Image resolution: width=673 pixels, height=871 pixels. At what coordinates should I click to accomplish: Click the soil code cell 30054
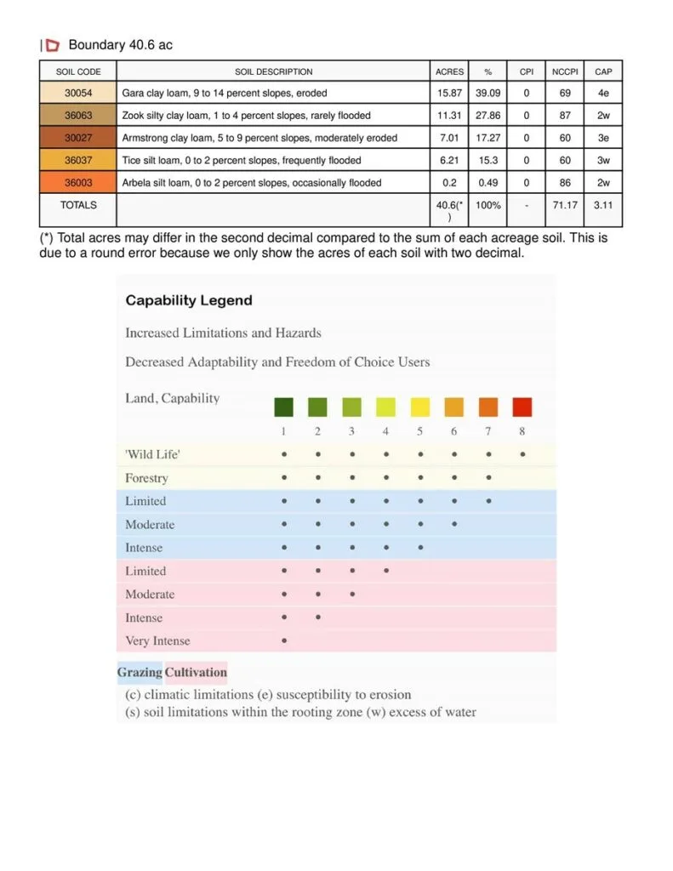[x=78, y=93]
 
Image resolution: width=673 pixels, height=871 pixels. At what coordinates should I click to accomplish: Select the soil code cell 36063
[x=78, y=115]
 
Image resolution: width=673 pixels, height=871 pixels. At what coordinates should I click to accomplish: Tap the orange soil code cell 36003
[x=78, y=182]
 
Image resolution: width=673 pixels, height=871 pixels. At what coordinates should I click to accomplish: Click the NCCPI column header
[x=565, y=71]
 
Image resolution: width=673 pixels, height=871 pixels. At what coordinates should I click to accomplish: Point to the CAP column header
[x=603, y=71]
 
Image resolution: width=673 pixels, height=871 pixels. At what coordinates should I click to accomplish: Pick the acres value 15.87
[x=449, y=93]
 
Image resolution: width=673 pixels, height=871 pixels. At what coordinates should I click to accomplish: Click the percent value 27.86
[x=488, y=115]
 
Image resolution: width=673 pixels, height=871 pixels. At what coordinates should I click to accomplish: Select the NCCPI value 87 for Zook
[x=565, y=115]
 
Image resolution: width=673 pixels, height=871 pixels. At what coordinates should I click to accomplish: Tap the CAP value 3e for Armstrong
[x=603, y=137]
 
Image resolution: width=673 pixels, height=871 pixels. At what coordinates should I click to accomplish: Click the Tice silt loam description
[x=242, y=160]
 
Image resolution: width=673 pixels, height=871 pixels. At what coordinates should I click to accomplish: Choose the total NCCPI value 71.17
[x=565, y=205]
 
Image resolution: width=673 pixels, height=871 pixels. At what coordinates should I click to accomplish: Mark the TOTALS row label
[x=78, y=205]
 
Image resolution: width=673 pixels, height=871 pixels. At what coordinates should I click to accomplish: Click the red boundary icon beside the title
[x=53, y=45]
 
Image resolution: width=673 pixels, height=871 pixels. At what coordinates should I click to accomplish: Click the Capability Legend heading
[x=189, y=300]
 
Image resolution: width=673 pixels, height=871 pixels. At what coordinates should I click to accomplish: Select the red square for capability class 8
[x=522, y=407]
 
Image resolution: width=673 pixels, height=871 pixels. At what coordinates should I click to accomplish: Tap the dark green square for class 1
[x=283, y=407]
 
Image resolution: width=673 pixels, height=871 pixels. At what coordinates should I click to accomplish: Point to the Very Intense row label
[x=157, y=640]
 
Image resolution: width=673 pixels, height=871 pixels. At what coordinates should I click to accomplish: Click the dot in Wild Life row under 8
[x=522, y=454]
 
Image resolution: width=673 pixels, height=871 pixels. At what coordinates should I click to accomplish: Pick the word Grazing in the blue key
[x=140, y=672]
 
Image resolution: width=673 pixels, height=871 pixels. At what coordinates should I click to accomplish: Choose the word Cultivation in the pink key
[x=196, y=672]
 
